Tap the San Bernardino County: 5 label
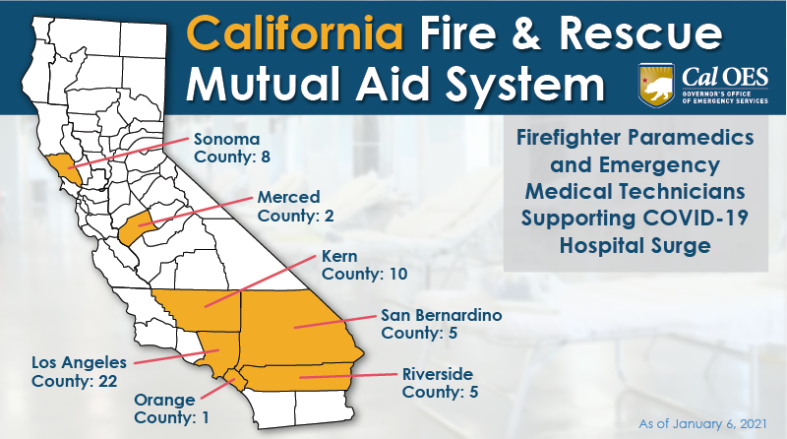tap(442, 324)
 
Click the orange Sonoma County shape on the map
tap(62, 168)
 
